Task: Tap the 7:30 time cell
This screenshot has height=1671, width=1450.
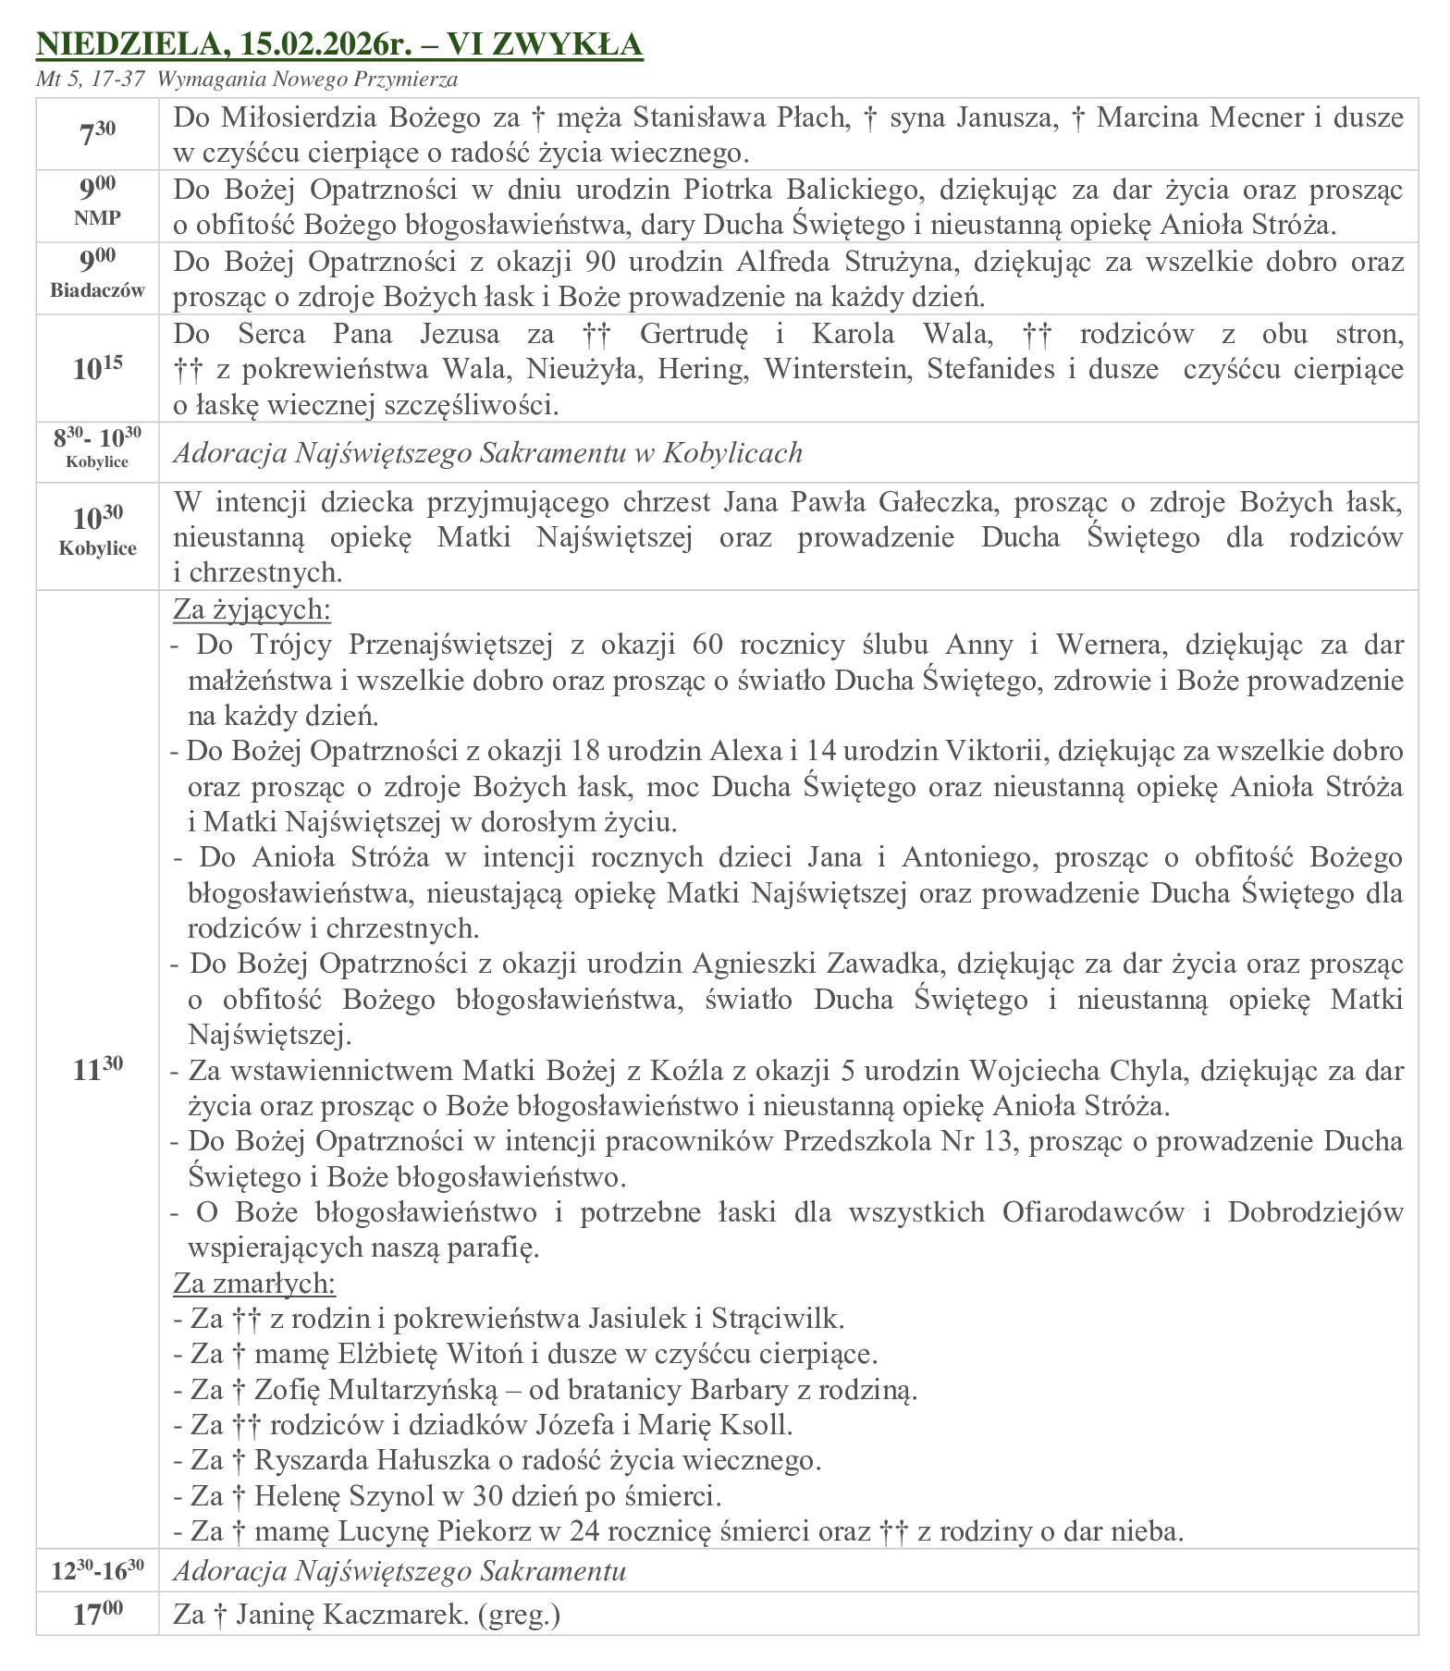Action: pos(97,133)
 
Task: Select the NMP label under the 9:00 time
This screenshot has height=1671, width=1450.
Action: pos(97,220)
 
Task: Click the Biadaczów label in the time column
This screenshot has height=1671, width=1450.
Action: pos(97,290)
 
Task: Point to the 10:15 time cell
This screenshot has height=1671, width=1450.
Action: pos(97,368)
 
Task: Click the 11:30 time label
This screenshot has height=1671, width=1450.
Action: pos(97,1069)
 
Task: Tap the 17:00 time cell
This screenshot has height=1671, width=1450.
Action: pos(97,1614)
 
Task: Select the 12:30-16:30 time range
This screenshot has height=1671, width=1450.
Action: pos(97,1570)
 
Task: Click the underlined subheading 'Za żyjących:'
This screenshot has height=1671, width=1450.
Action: pos(252,610)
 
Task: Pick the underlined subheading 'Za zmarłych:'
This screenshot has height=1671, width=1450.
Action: pos(254,1284)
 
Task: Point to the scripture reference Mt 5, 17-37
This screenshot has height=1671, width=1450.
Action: pos(90,80)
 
